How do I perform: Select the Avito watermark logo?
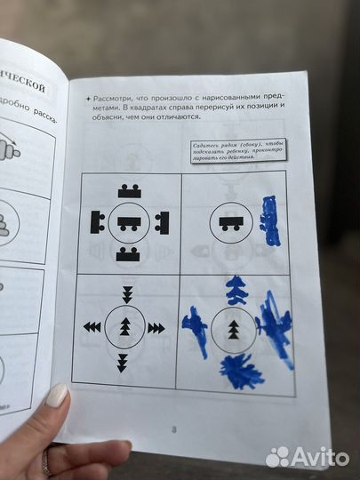(308, 457)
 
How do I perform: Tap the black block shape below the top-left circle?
(130, 256)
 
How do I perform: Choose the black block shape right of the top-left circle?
(162, 222)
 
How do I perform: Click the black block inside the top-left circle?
(130, 222)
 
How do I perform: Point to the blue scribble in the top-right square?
(269, 221)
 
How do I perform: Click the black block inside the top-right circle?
(233, 224)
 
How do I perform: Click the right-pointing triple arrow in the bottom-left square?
(156, 328)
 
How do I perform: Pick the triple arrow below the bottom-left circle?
(123, 361)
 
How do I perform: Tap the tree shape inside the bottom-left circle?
(125, 327)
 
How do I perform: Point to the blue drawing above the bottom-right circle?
(236, 290)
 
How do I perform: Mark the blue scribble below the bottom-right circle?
(241, 371)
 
